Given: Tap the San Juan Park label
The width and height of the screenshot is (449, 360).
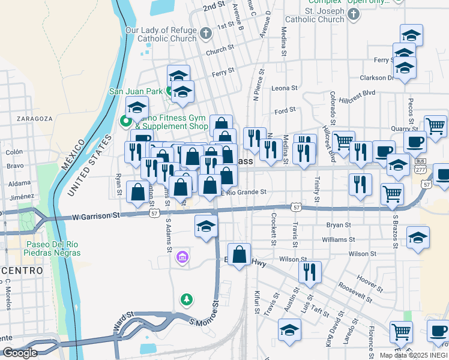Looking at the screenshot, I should point(136,92).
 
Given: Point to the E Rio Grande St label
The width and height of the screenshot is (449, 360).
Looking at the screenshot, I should point(244,193).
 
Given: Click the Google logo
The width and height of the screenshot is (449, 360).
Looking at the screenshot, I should point(20,353).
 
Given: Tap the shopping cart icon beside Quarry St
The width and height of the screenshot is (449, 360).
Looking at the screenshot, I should point(435,125).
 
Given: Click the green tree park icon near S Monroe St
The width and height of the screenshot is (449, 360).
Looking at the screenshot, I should point(187,298).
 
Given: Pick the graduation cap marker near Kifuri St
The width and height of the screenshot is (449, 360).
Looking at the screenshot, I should point(289,330).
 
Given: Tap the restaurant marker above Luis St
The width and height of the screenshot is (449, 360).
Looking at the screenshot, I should point(310,272).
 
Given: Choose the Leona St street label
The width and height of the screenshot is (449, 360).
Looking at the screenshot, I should point(285,88).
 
